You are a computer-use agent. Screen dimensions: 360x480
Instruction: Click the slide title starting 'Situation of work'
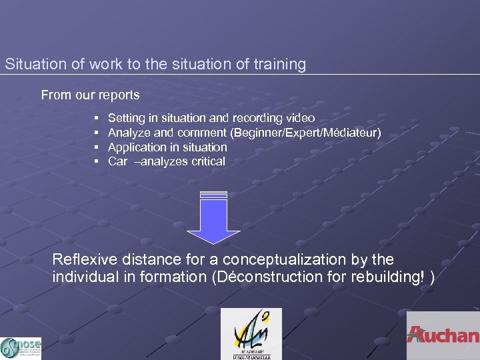[x=155, y=65]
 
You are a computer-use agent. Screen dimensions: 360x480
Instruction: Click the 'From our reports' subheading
[x=90, y=95]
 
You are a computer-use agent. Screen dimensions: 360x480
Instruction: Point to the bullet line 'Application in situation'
[x=167, y=147]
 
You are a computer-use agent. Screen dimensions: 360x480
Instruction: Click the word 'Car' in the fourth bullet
[x=117, y=161]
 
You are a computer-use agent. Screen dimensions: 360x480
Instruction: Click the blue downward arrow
[x=213, y=217]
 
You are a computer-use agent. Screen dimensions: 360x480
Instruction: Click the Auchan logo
[x=443, y=335]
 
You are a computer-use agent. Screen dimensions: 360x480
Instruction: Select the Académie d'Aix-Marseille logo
[x=251, y=334]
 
